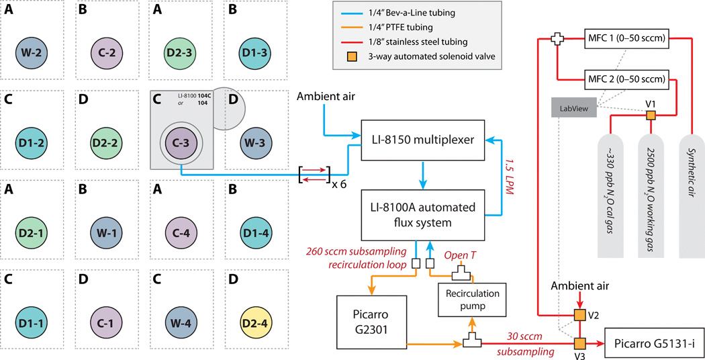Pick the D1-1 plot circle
click(x=32, y=310)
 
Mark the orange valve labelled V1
click(x=651, y=116)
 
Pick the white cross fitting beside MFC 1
click(x=556, y=39)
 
